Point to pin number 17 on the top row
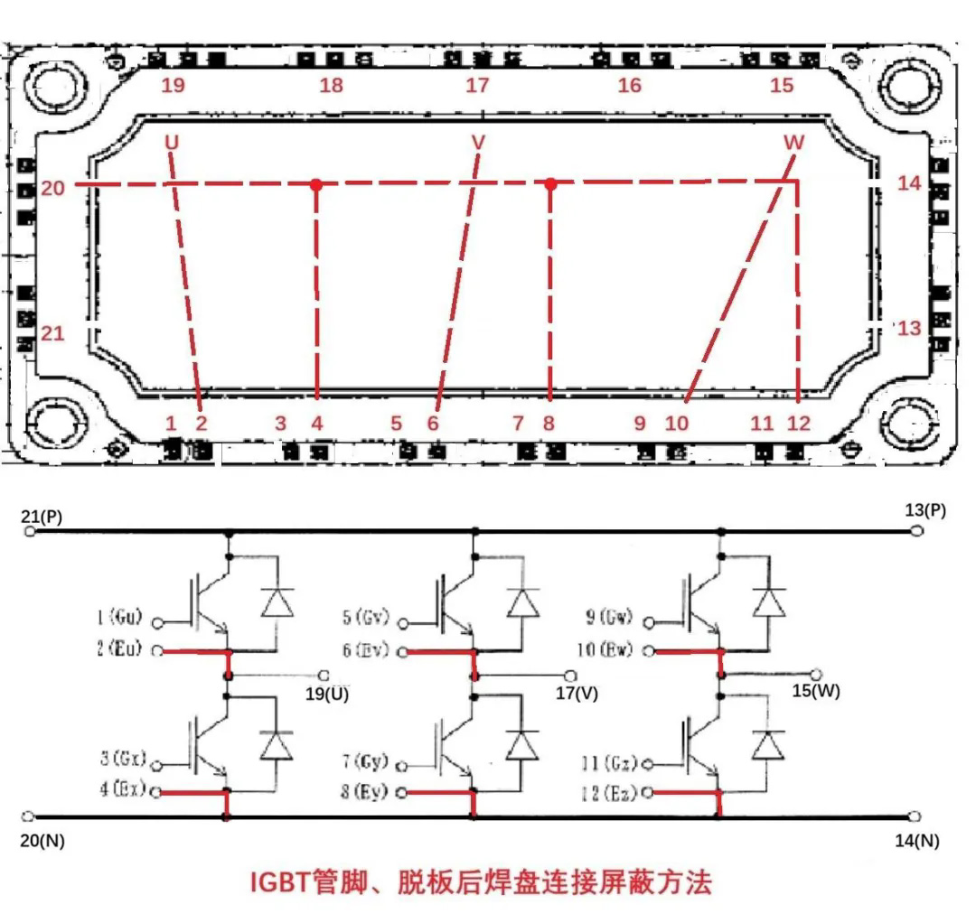[x=477, y=86]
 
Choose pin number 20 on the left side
[x=52, y=188]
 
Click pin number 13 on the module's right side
[x=909, y=328]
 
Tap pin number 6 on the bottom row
[x=432, y=423]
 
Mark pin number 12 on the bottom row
[x=799, y=423]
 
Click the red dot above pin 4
[x=316, y=184]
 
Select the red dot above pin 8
[x=549, y=184]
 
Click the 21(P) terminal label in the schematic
[x=41, y=517]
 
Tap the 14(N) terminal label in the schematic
[x=916, y=841]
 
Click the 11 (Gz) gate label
[x=610, y=764]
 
